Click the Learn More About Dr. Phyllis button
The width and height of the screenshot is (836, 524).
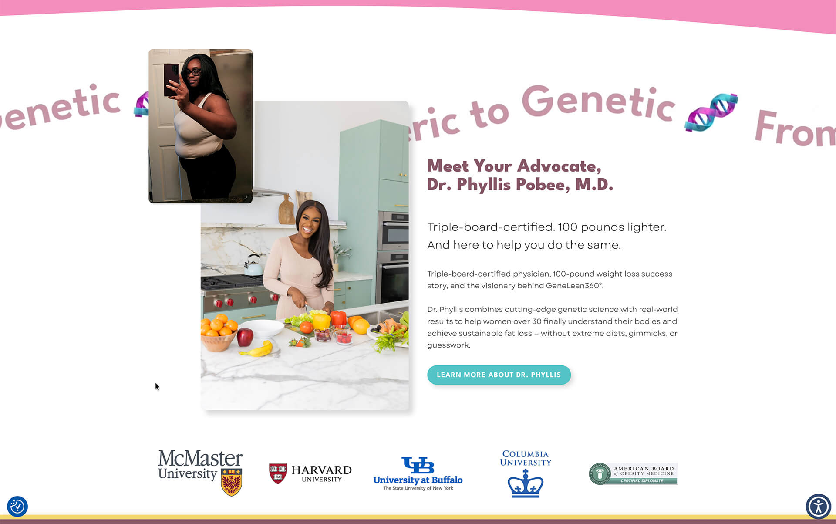[x=499, y=375]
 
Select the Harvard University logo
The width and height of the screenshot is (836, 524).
[x=310, y=473]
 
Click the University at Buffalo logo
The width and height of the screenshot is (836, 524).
[x=418, y=473]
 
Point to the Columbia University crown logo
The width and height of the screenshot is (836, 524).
[x=526, y=483]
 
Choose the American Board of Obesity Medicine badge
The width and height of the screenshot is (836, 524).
[x=633, y=474]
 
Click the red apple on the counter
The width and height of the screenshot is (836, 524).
[x=245, y=337]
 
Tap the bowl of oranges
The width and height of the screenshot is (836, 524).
[x=218, y=333]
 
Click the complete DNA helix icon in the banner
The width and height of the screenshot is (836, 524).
[x=711, y=112]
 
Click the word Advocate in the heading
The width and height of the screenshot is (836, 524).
[x=559, y=166]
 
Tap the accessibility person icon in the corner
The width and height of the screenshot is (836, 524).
[x=819, y=507]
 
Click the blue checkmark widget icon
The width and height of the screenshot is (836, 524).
[x=17, y=507]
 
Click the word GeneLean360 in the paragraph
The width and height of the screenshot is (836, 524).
[x=574, y=286]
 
